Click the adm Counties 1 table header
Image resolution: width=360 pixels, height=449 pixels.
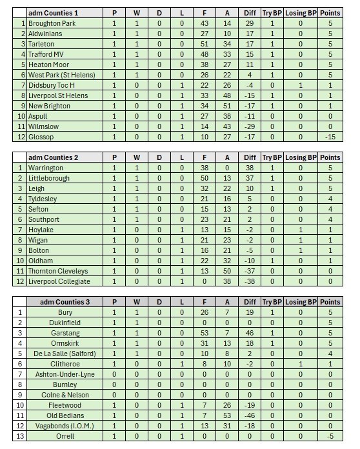point(53,13)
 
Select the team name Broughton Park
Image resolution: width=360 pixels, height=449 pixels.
point(52,23)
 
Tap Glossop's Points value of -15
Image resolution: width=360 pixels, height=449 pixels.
point(330,137)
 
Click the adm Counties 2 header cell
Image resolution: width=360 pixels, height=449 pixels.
point(53,157)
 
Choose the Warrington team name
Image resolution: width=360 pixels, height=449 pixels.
point(46,168)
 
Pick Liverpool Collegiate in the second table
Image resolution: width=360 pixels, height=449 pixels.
point(59,281)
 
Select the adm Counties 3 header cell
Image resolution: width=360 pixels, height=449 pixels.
point(65,302)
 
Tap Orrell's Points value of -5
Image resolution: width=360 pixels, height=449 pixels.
point(330,436)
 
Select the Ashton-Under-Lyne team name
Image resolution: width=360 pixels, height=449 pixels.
point(65,374)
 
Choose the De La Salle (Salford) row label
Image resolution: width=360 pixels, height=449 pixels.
point(65,354)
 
